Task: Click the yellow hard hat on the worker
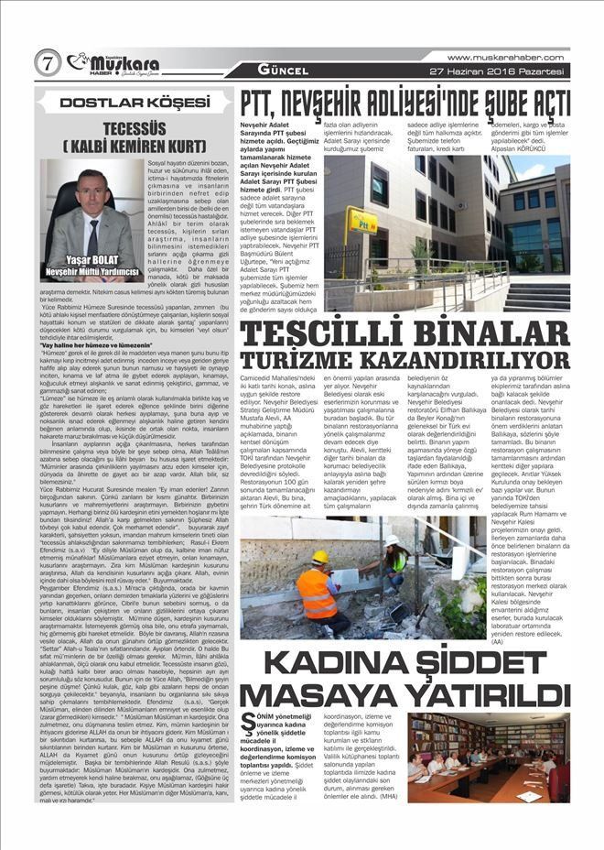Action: click(320, 556)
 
